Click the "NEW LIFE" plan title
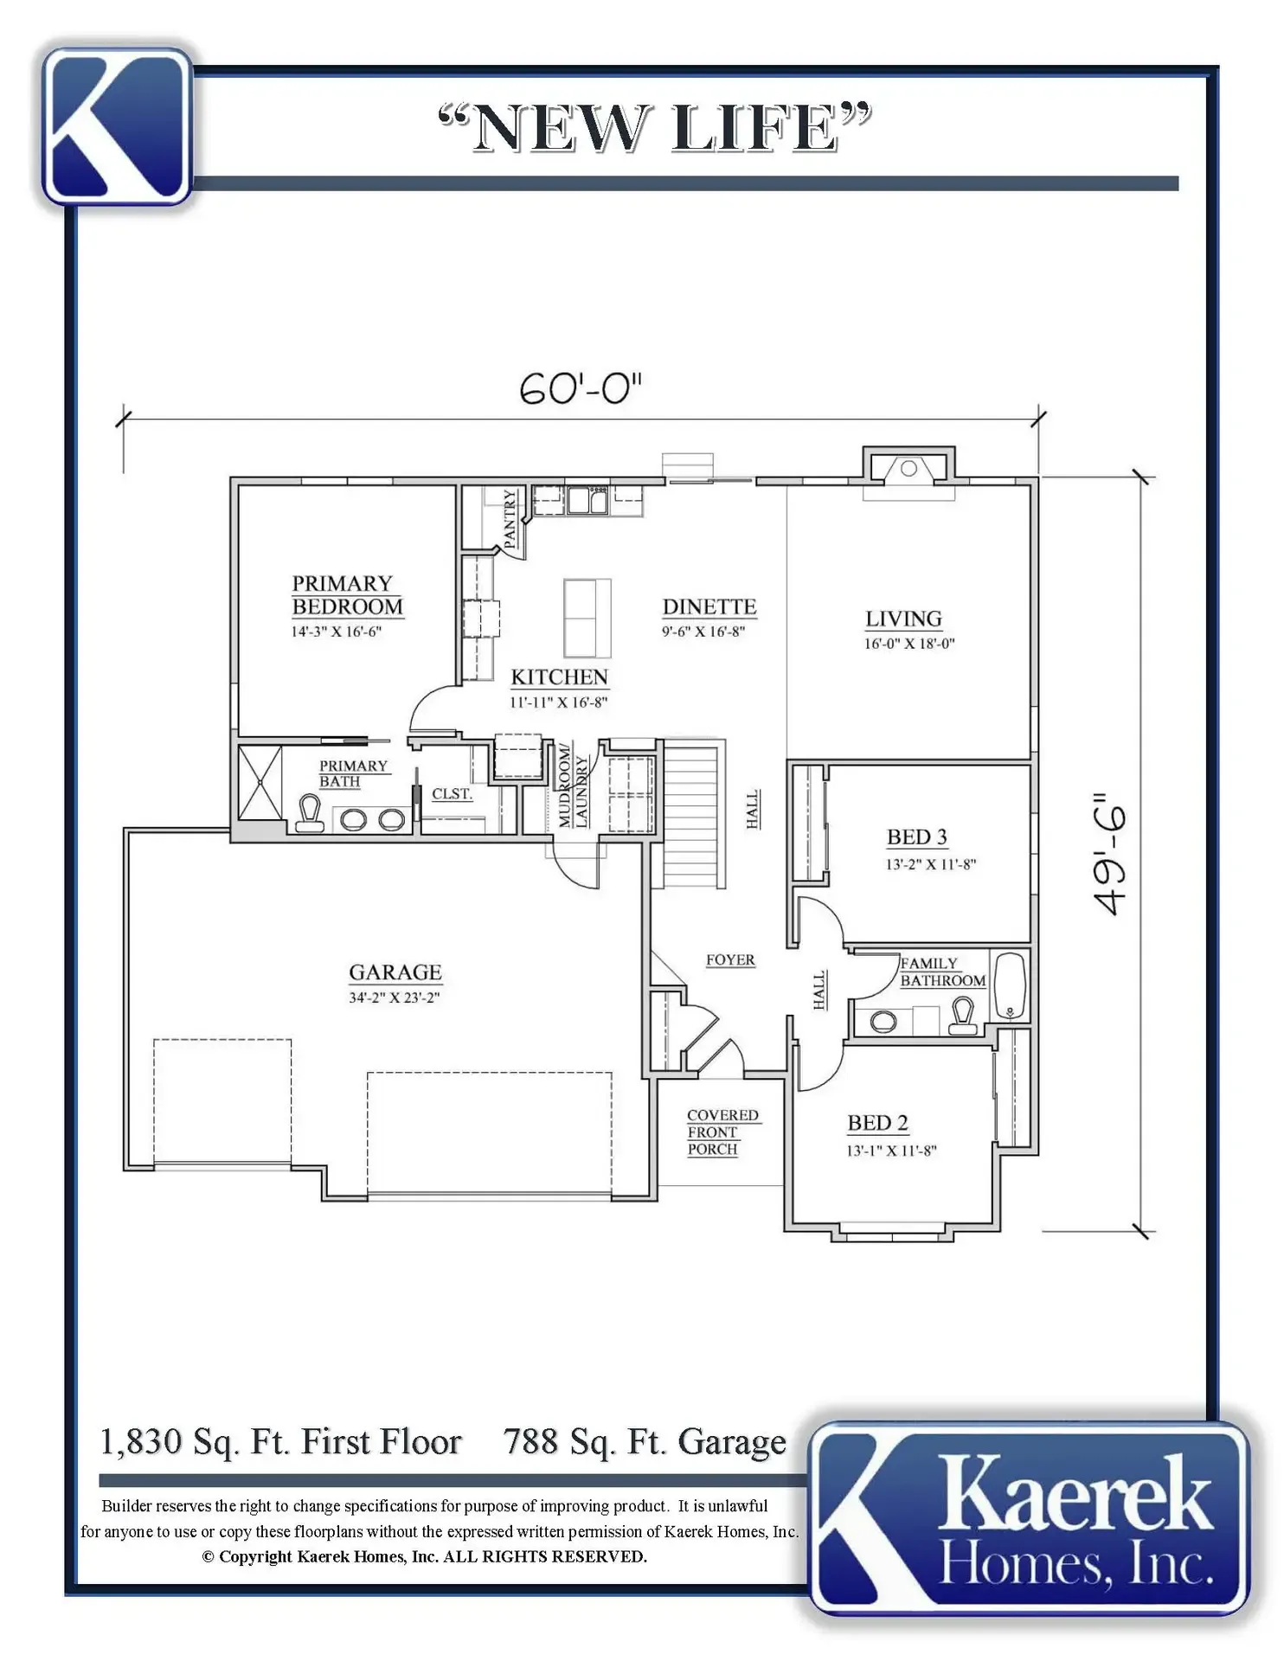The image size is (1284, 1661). (655, 128)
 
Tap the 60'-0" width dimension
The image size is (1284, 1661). (581, 388)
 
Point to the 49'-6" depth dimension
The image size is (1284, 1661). (1110, 854)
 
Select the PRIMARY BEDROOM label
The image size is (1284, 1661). (347, 595)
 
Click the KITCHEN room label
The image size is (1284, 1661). (559, 677)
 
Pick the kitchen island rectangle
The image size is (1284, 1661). (587, 619)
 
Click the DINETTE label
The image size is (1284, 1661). (709, 607)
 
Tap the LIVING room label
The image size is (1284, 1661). (903, 619)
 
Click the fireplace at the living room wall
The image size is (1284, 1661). (908, 472)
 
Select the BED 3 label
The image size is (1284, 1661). (917, 837)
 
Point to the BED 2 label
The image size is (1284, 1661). (877, 1123)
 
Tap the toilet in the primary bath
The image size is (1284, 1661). (310, 815)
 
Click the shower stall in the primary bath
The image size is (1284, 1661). (260, 782)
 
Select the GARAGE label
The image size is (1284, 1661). (395, 972)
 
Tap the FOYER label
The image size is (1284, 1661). (730, 960)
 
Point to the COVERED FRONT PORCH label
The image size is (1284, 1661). (722, 1132)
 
